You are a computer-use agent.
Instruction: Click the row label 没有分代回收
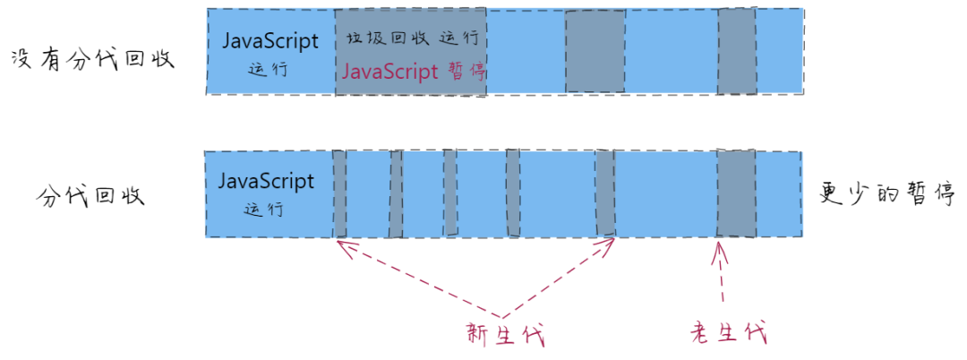tap(90, 60)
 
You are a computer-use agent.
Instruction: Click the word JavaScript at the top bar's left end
tap(270, 41)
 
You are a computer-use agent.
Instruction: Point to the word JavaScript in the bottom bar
tap(267, 181)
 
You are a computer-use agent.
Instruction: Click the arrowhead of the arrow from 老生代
tap(718, 248)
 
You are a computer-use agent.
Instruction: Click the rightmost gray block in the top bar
tap(737, 52)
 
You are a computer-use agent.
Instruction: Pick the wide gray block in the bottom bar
tap(737, 193)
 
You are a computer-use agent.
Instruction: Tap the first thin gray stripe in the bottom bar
tap(340, 193)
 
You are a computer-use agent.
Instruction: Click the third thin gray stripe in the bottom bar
tap(450, 193)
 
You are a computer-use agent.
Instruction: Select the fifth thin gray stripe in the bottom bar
tap(606, 193)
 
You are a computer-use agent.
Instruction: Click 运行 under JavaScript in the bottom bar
tap(264, 210)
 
